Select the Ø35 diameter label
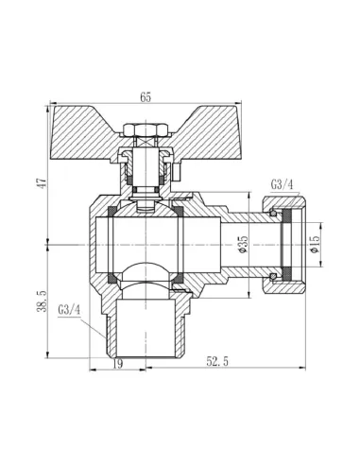[242, 243]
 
